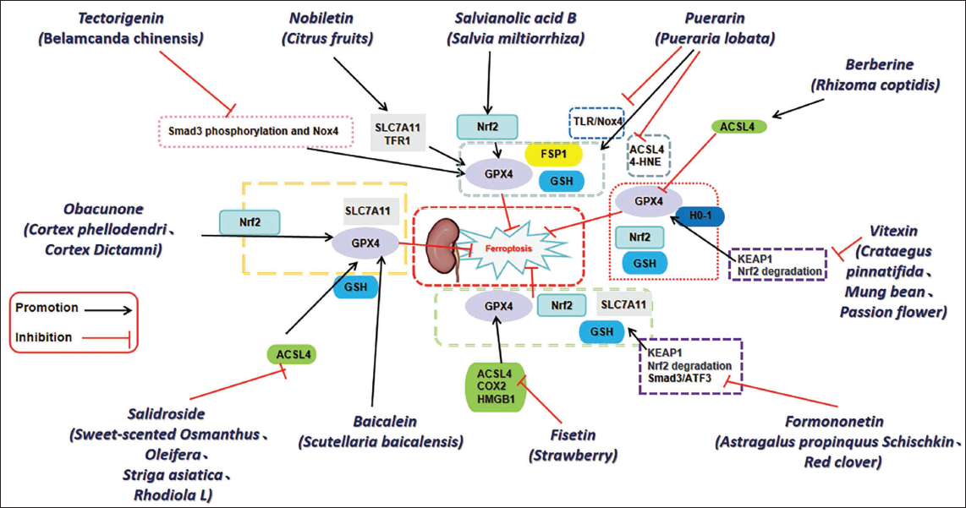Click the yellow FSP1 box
[553, 154]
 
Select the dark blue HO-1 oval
[700, 216]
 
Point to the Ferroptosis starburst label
[509, 249]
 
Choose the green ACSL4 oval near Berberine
[738, 127]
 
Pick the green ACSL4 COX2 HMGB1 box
[494, 386]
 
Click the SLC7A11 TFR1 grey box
[398, 133]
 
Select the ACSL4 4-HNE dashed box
[647, 156]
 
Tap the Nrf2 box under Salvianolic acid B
[486, 127]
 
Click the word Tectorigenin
[120, 19]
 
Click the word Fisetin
[573, 434]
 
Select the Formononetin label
[834, 421]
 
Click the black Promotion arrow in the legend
[108, 310]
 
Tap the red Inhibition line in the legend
[106, 338]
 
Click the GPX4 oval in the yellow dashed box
[365, 243]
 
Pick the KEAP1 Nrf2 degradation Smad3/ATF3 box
[690, 366]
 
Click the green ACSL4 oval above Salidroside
[291, 355]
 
